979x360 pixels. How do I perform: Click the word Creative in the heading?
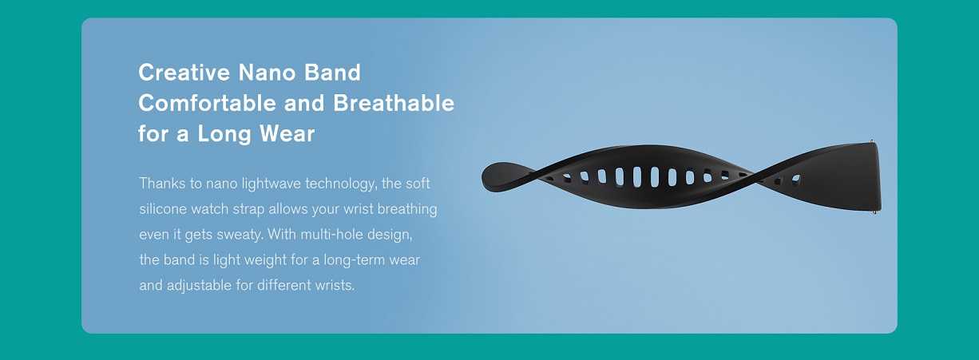[184, 73]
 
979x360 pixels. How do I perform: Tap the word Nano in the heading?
[267, 73]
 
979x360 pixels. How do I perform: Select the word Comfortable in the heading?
[207, 104]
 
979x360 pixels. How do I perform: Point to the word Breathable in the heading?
[394, 104]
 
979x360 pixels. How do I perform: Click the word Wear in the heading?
[287, 133]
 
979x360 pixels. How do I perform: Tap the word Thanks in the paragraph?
[162, 184]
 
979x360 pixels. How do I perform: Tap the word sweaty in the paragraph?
[240, 235]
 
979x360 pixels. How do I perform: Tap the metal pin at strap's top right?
[871, 141]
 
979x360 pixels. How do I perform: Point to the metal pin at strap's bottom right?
[875, 213]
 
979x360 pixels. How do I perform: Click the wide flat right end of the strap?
[857, 177]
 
